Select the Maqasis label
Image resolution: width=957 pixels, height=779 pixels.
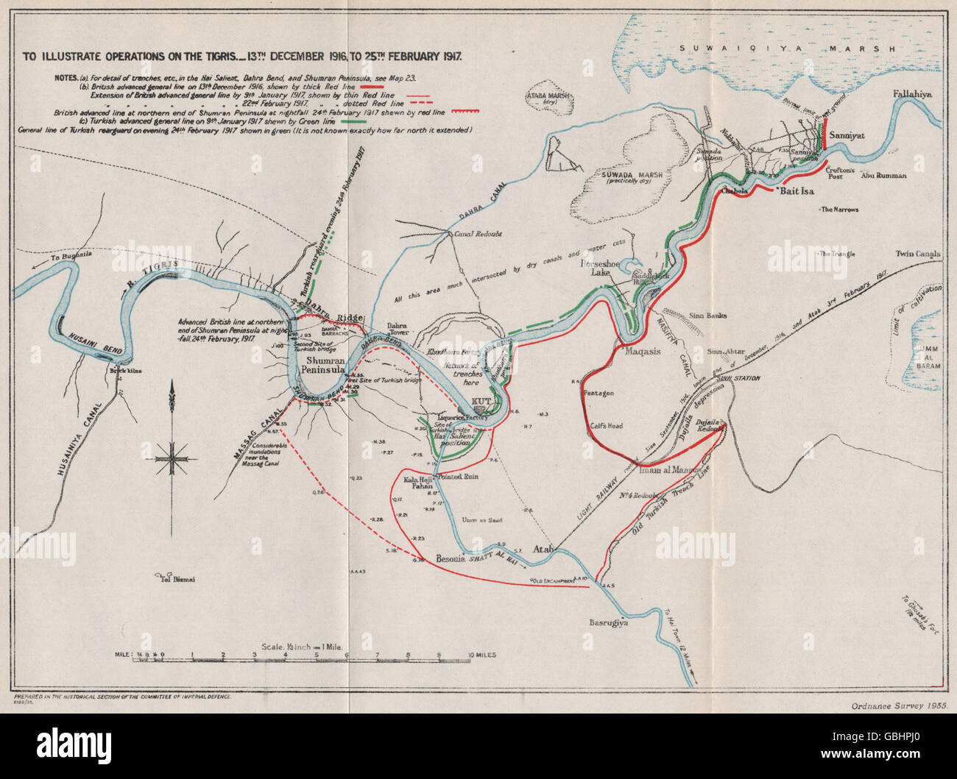644,351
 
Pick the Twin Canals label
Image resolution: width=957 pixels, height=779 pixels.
917,255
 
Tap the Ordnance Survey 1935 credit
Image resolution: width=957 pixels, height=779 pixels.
890,705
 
